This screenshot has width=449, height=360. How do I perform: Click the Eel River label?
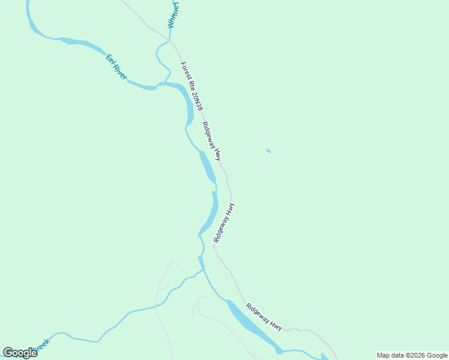[x=116, y=67]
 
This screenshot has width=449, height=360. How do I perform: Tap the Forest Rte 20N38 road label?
[x=191, y=86]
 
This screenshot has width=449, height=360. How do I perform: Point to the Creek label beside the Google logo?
[x=41, y=346]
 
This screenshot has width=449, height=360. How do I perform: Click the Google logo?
[x=20, y=352]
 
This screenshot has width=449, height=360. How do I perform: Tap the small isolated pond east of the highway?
[x=268, y=151]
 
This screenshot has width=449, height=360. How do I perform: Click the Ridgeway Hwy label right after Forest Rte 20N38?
[x=211, y=142]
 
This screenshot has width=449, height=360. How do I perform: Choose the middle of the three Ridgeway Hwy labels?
[x=224, y=222]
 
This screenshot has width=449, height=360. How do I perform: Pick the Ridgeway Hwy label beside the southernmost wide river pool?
[x=264, y=316]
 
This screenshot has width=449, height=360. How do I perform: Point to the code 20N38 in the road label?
[x=196, y=98]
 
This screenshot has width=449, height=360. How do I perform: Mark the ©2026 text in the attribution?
[x=414, y=355]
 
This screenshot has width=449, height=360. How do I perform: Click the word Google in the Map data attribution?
[x=437, y=355]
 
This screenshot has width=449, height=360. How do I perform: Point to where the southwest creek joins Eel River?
[x=202, y=270]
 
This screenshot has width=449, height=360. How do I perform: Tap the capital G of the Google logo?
[x=8, y=352]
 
